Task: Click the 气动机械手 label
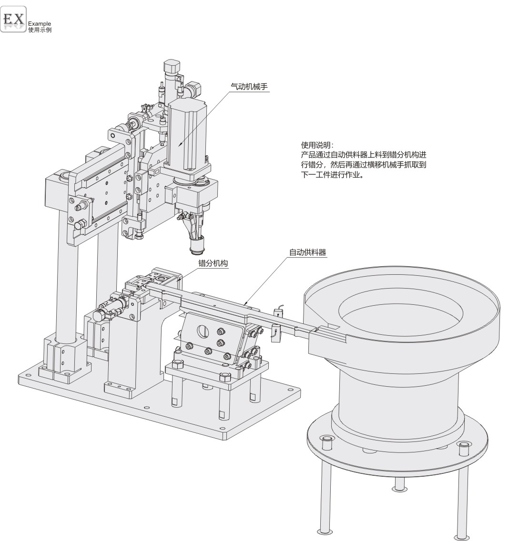(249, 87)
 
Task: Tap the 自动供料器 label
(307, 252)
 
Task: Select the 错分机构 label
(213, 263)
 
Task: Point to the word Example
(40, 24)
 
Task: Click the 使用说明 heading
(317, 145)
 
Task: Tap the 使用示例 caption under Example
(40, 30)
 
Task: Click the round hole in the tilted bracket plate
(202, 330)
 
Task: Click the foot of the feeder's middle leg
(399, 488)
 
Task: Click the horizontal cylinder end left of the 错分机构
(99, 315)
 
